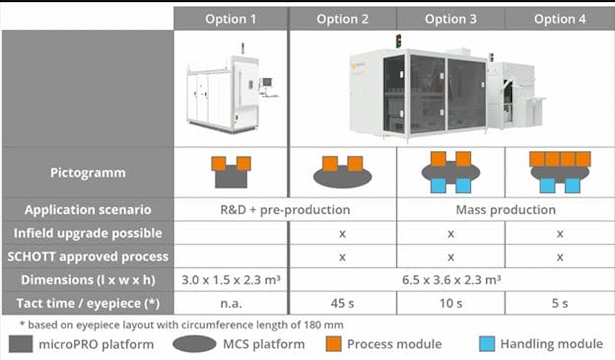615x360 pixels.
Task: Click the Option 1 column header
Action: click(x=230, y=19)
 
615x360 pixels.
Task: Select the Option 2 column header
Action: click(x=342, y=19)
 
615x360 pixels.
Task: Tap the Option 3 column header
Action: click(x=451, y=19)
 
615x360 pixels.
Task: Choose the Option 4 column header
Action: click(x=560, y=19)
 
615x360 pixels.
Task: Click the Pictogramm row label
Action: click(x=88, y=173)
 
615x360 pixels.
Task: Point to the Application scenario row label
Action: click(x=88, y=210)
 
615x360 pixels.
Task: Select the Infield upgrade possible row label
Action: click(x=88, y=233)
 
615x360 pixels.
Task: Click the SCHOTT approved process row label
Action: click(x=88, y=256)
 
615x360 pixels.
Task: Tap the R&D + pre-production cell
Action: click(x=285, y=210)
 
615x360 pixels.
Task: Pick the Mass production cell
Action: click(x=506, y=210)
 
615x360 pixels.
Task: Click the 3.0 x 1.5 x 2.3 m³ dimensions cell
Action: click(x=231, y=280)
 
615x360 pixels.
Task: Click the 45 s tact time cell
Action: click(x=342, y=303)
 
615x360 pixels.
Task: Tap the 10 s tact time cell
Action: click(x=451, y=303)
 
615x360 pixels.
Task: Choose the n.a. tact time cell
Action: click(x=231, y=303)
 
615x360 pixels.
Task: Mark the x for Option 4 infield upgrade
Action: click(x=560, y=233)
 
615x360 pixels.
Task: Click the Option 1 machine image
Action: click(x=231, y=89)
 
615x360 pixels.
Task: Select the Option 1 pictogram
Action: click(x=231, y=172)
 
